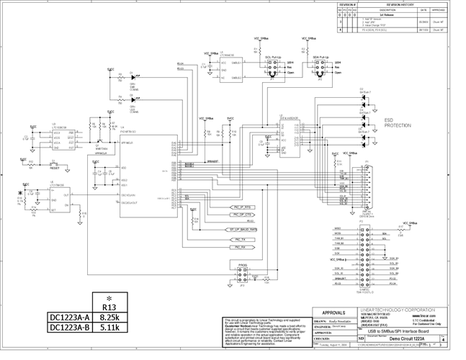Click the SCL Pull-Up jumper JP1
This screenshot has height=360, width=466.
[x=272, y=68]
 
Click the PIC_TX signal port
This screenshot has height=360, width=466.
[x=239, y=238]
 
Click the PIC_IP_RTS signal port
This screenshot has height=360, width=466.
[x=241, y=207]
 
